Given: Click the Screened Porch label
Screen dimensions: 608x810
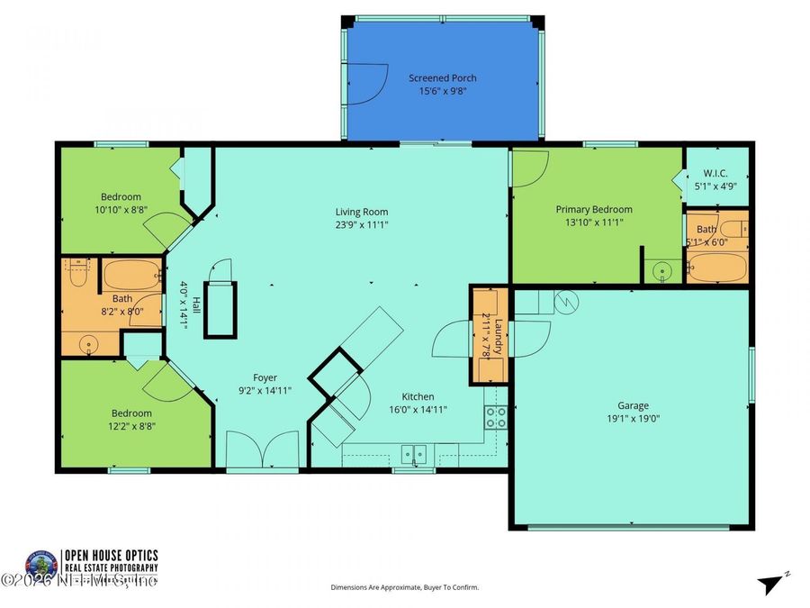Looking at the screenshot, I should click(x=442, y=78).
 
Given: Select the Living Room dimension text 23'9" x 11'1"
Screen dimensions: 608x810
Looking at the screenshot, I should click(x=363, y=225).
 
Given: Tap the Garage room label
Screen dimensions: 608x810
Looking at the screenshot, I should click(x=633, y=405).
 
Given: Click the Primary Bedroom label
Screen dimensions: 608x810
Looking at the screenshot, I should click(x=593, y=209).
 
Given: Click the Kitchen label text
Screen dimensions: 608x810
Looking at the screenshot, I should click(x=418, y=396).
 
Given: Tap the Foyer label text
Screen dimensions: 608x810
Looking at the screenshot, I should click(x=265, y=378).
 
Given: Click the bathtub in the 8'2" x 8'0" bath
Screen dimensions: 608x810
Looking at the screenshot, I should click(x=131, y=274).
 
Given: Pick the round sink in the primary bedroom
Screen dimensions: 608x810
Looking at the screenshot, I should click(x=663, y=269).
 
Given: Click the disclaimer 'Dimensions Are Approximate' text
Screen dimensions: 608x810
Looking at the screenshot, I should click(x=404, y=587).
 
